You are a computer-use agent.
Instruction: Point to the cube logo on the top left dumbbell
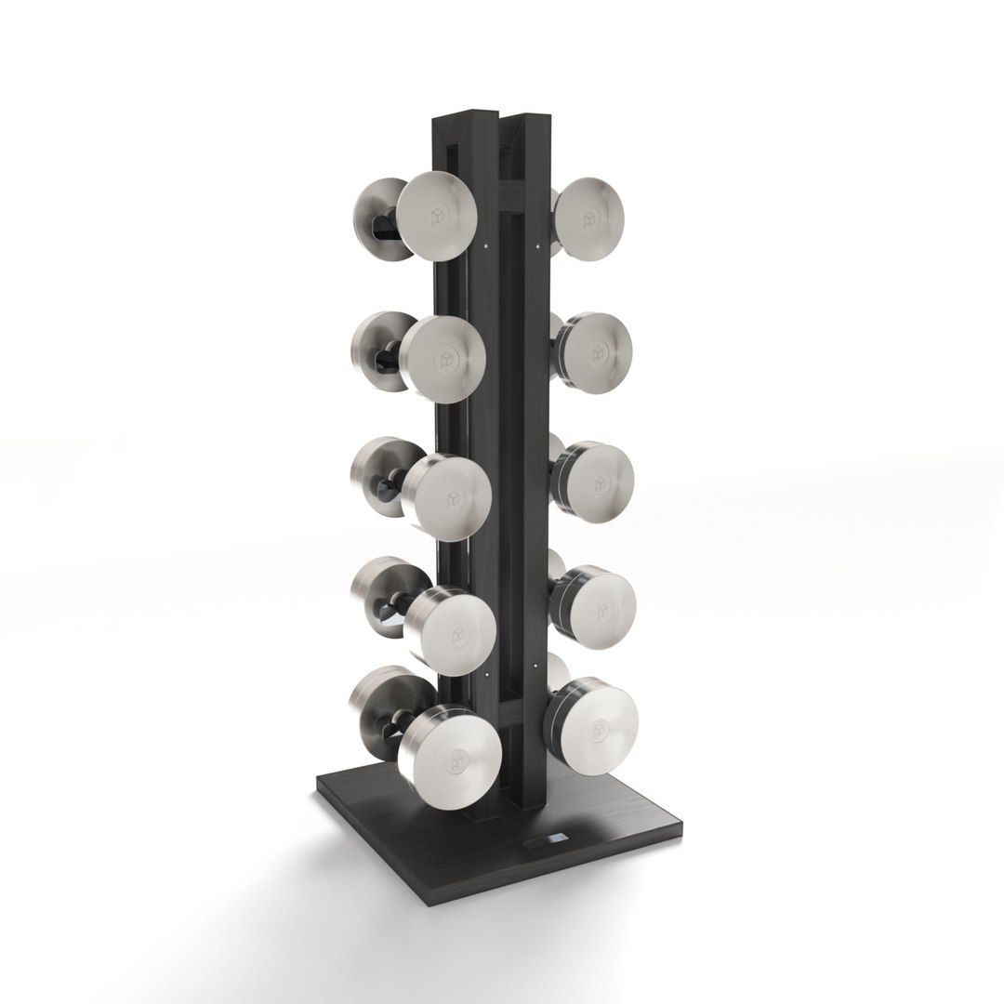(x=439, y=216)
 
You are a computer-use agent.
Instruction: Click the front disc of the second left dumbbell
(x=444, y=358)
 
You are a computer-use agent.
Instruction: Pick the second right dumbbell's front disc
(x=596, y=352)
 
